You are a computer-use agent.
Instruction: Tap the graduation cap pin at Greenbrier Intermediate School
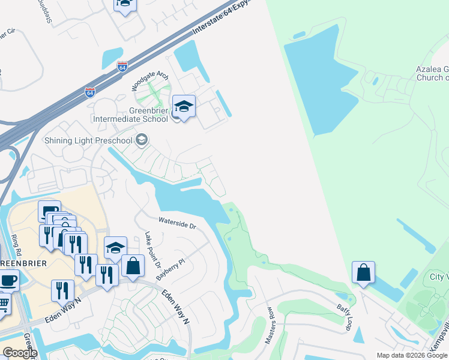point(184,107)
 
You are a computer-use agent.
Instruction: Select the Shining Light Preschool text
point(88,140)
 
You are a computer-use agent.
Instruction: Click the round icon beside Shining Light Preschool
point(142,140)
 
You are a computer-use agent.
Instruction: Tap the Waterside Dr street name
point(177,223)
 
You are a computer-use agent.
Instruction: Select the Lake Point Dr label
point(153,250)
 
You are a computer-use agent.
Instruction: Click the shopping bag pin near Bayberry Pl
point(133,266)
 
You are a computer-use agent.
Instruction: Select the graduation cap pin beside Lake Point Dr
point(115,247)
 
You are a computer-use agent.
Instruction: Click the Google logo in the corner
point(20,353)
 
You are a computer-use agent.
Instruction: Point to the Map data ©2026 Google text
point(412,355)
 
